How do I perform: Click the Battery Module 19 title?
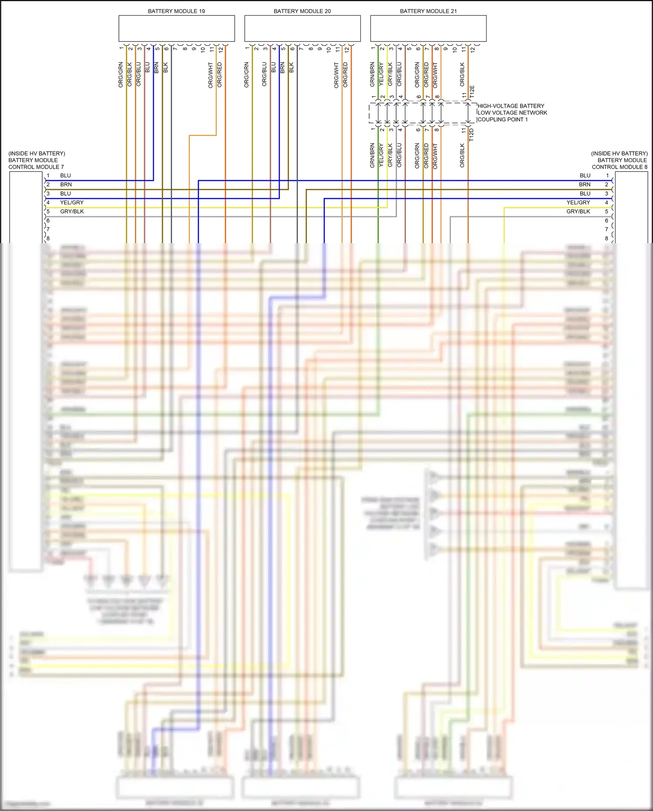[176, 11]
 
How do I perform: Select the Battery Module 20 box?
[302, 29]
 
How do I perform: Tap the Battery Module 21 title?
[428, 11]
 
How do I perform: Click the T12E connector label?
[472, 92]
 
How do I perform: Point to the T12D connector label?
[471, 135]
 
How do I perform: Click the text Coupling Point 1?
[503, 119]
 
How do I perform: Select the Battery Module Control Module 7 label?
[37, 160]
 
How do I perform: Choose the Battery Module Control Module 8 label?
[619, 160]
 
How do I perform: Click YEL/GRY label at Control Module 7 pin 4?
[72, 203]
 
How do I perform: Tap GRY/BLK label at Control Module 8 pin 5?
[578, 211]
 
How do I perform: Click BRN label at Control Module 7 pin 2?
[66, 185]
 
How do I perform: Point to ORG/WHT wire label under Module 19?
[211, 75]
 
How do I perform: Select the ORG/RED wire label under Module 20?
[345, 75]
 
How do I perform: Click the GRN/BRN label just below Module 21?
[373, 74]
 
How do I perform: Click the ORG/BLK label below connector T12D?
[462, 156]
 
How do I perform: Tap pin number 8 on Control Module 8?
[606, 238]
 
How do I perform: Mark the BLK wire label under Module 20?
[292, 68]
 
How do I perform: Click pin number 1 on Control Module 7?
[48, 176]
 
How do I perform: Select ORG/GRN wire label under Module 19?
[121, 75]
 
